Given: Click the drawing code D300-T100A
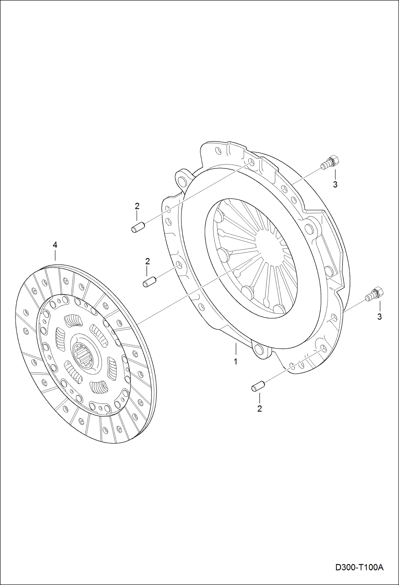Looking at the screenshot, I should click(359, 568).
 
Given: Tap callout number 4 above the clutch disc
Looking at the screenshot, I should click(55, 245).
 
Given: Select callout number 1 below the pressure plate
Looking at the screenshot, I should click(235, 362).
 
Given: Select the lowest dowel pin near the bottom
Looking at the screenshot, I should click(258, 386).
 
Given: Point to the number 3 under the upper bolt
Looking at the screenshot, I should click(335, 184).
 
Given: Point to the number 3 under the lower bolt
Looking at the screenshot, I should click(380, 317).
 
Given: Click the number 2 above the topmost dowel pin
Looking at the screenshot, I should click(137, 206).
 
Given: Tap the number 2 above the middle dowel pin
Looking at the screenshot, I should click(147, 261).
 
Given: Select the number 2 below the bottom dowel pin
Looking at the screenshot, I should click(259, 408).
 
